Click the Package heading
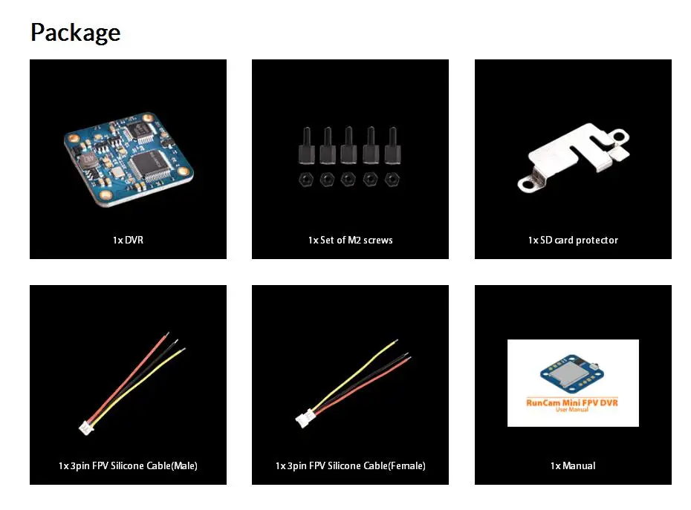click(75, 33)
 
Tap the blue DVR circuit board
click(129, 159)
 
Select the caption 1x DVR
click(129, 240)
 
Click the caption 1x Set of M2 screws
click(351, 240)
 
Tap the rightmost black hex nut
click(392, 180)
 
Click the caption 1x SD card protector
click(573, 240)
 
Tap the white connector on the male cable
click(86, 428)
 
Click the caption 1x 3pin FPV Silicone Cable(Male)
click(129, 465)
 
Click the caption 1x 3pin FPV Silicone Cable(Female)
click(351, 465)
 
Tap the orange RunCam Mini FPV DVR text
click(572, 402)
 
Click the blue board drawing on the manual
click(571, 373)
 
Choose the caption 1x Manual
click(573, 465)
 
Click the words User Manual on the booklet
click(572, 410)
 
